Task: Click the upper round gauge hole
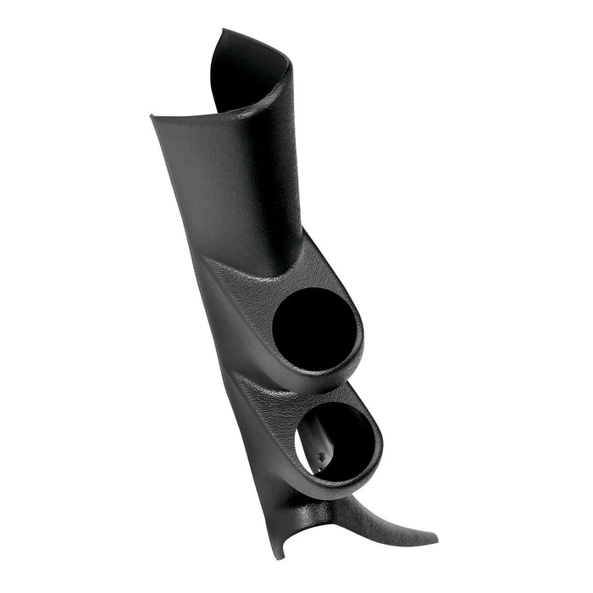point(311,330)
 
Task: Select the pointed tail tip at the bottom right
point(435,539)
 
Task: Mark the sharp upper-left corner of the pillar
point(152,115)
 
